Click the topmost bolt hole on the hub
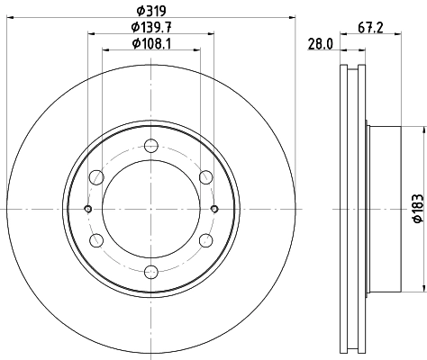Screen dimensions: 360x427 [150, 147]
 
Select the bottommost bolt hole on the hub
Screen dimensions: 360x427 [150, 272]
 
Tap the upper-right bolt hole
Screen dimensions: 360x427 [205, 177]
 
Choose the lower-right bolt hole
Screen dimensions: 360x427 [205, 240]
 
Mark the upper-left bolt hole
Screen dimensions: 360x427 [96, 177]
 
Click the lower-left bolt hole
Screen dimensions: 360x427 [96, 240]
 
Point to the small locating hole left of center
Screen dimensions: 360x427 [87, 210]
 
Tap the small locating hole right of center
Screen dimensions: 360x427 [214, 210]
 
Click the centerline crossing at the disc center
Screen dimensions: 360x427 [150, 210]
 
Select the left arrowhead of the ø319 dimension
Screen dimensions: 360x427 [8, 18]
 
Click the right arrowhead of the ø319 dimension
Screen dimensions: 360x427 [293, 18]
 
